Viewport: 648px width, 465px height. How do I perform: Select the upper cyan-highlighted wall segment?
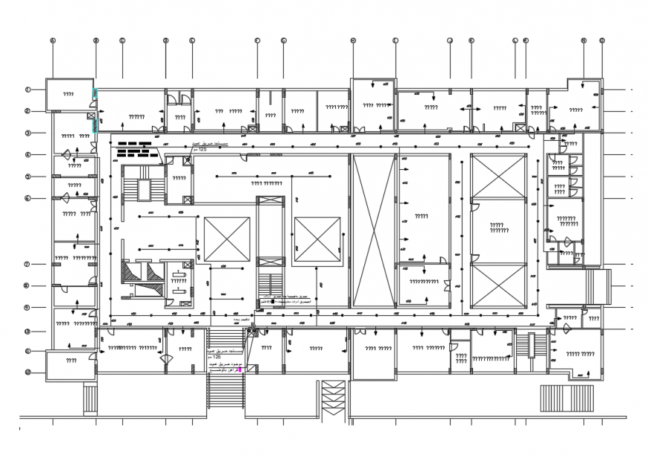[94, 93]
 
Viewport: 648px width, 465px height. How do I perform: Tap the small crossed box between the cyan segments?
[90, 116]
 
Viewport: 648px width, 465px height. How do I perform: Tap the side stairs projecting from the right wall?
[598, 286]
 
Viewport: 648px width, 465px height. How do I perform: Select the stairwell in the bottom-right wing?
[534, 346]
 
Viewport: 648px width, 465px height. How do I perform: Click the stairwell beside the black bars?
[142, 183]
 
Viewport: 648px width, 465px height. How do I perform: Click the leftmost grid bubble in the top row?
[52, 41]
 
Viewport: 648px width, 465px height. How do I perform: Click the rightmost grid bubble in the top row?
[602, 41]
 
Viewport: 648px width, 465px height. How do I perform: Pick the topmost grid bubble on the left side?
[27, 89]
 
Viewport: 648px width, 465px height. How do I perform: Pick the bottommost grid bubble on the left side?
[27, 372]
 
